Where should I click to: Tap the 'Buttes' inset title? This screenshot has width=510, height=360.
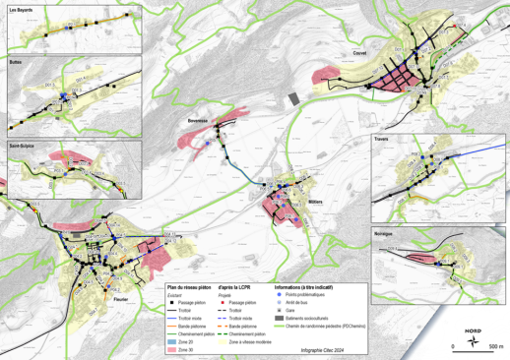(x=18, y=61)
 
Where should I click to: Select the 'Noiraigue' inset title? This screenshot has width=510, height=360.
(x=387, y=233)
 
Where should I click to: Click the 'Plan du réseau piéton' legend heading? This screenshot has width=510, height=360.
(x=187, y=285)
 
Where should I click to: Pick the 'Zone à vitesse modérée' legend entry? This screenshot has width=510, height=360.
(x=258, y=341)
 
